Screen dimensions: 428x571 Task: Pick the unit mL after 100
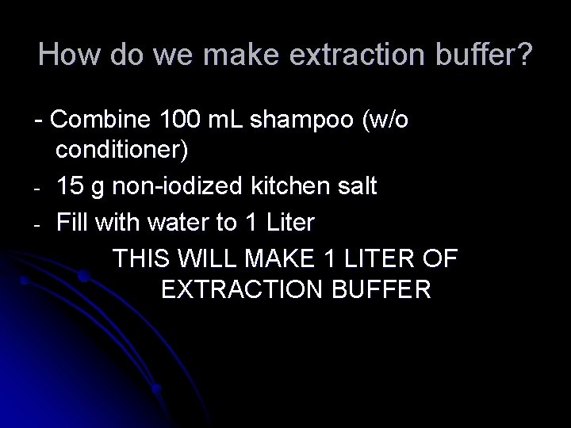click(228, 121)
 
